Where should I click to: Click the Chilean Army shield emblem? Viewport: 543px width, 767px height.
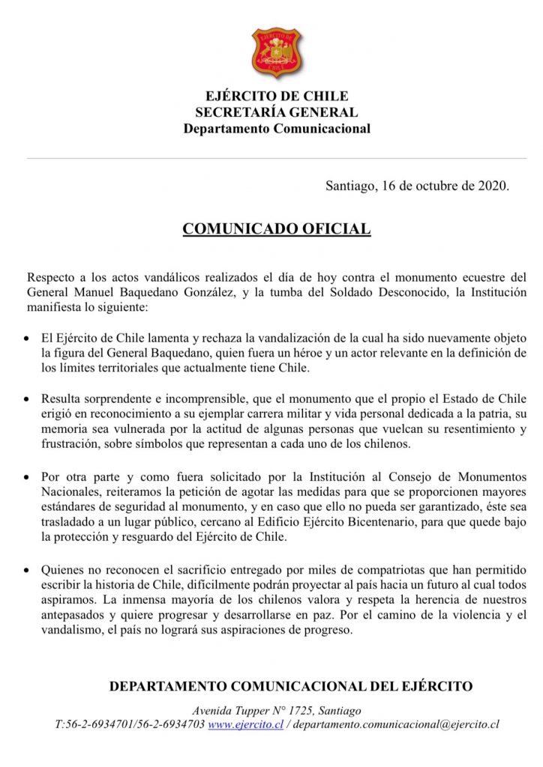(x=277, y=52)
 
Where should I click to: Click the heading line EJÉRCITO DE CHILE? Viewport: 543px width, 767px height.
(x=277, y=97)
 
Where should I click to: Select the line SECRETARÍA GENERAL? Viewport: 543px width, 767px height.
(x=277, y=112)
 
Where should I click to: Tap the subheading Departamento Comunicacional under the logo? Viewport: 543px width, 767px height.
(x=277, y=128)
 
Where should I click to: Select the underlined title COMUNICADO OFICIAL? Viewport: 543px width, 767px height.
(x=277, y=229)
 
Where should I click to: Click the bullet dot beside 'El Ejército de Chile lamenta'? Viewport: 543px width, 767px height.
(x=28, y=339)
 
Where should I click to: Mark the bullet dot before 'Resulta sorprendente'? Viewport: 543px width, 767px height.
(x=28, y=398)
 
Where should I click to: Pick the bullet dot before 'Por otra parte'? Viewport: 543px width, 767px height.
(x=28, y=478)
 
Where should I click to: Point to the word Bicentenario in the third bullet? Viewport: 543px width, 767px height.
(x=406, y=523)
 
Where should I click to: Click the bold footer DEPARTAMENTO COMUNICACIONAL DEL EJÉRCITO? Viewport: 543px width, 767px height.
(x=291, y=686)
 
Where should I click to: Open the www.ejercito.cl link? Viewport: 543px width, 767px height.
(x=245, y=725)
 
